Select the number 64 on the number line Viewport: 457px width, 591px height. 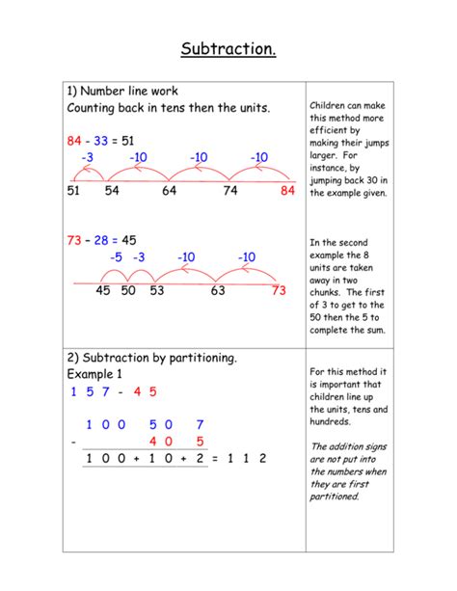(170, 191)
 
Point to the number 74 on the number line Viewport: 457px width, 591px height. (230, 191)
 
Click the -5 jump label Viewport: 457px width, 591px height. (116, 257)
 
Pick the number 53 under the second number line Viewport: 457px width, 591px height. (157, 291)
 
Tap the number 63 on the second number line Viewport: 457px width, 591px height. (218, 291)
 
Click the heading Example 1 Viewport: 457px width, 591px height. (95, 373)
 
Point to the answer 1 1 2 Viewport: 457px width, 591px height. (246, 458)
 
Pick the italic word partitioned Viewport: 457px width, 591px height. (334, 497)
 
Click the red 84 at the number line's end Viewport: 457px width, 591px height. (287, 191)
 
